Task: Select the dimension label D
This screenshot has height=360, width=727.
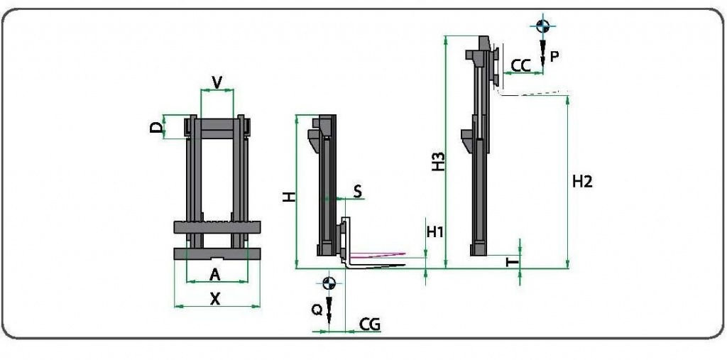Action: (156, 127)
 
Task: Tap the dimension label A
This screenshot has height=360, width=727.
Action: (215, 275)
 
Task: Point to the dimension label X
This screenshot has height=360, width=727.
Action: (215, 299)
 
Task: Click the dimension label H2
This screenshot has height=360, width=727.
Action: (581, 182)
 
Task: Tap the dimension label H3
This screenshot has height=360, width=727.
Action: (439, 162)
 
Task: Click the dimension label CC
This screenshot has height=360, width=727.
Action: (520, 65)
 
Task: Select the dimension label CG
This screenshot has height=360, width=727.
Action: (370, 325)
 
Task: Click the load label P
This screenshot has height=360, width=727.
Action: (555, 56)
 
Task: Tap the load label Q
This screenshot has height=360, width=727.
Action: (317, 310)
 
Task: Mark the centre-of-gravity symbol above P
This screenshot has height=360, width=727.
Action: (542, 26)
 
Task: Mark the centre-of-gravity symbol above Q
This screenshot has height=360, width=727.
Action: (328, 283)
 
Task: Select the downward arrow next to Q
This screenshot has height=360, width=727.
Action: (329, 312)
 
